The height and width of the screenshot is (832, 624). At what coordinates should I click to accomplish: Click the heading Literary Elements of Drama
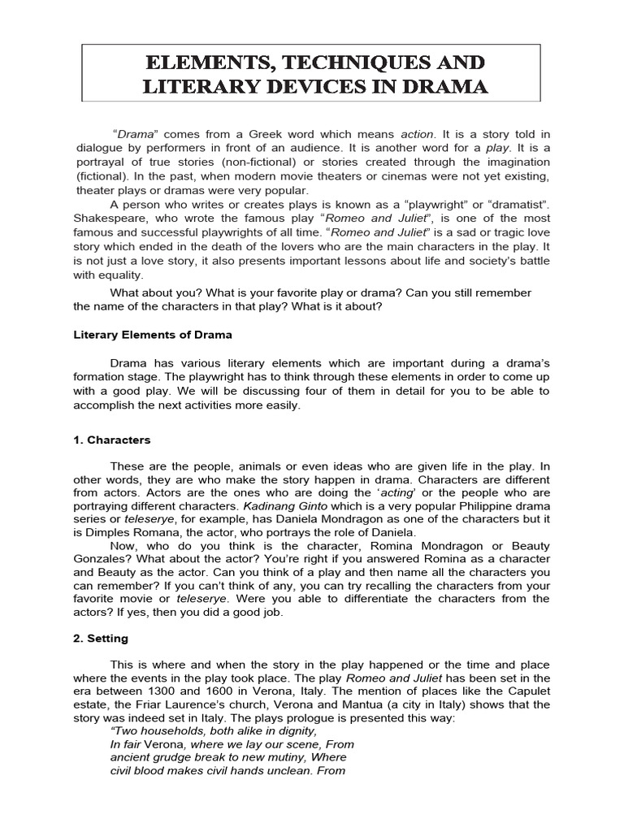(153, 335)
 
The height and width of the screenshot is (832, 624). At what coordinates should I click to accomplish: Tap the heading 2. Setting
(102, 639)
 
